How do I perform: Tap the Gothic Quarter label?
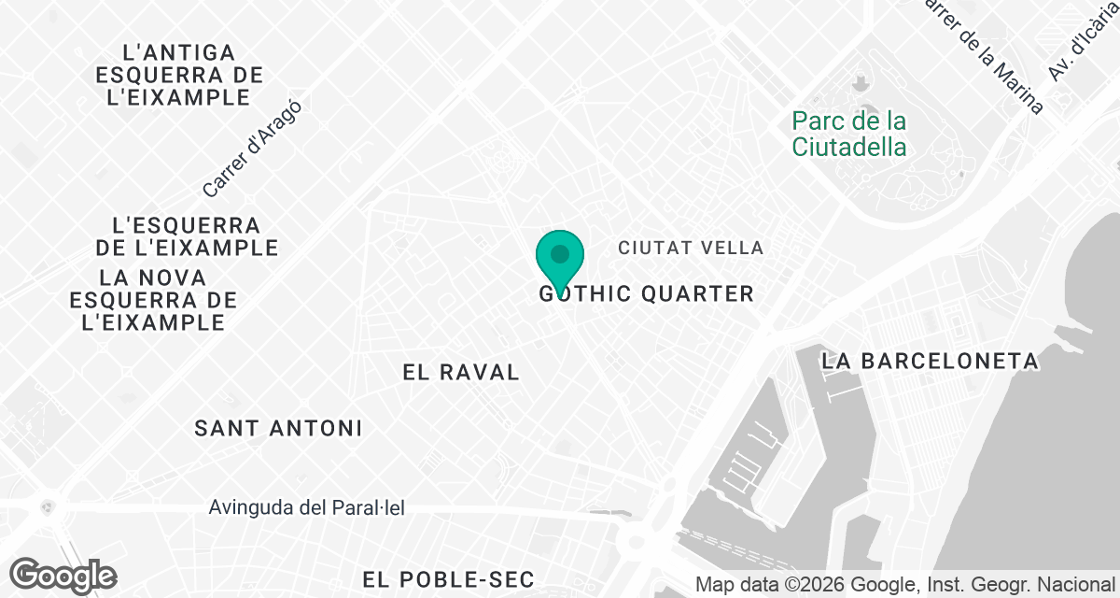click(646, 294)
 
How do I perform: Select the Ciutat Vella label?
click(691, 248)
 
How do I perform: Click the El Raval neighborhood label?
click(460, 372)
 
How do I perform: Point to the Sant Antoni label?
click(278, 428)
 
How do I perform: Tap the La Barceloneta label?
click(930, 361)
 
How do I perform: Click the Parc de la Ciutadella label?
click(848, 134)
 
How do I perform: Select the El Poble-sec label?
click(435, 578)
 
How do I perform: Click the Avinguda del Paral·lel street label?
click(307, 508)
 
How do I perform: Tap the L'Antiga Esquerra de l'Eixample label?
click(179, 75)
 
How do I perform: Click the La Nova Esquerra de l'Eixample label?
click(153, 300)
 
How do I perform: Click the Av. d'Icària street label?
click(1083, 42)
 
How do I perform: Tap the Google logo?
click(63, 575)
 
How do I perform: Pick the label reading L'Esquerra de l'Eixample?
click(187, 236)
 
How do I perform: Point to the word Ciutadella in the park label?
click(848, 147)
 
